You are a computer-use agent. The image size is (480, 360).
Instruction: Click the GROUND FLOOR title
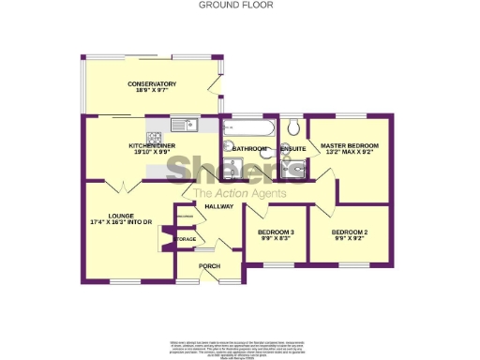(x=223, y=5)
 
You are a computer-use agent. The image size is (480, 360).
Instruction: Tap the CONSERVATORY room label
(x=152, y=83)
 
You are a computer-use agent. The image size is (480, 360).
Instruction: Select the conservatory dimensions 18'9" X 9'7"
(x=152, y=91)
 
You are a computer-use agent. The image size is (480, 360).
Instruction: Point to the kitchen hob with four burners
(x=156, y=124)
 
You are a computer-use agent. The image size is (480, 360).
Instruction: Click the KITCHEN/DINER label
(x=152, y=146)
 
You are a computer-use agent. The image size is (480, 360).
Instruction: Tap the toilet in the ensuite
(x=293, y=127)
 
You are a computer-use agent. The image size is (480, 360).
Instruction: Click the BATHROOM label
(x=250, y=149)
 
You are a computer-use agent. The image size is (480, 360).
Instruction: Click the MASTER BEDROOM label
(x=349, y=146)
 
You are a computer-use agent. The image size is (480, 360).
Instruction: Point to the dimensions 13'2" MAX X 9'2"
(x=349, y=154)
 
